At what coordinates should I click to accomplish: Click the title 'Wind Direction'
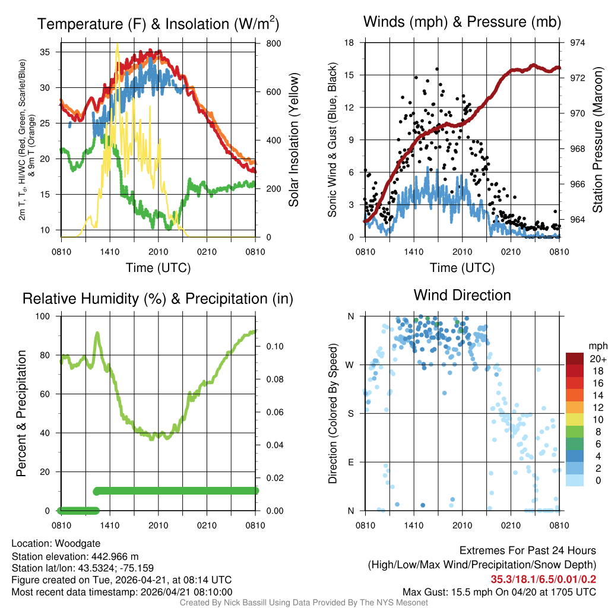[462, 295]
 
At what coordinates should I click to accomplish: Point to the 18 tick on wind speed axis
[350, 43]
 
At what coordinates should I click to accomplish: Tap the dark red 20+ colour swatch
[574, 359]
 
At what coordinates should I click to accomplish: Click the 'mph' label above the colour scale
[596, 346]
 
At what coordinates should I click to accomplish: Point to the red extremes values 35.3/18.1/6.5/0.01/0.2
[543, 579]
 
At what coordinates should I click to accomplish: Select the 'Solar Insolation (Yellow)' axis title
[293, 141]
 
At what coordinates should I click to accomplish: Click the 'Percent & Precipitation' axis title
[21, 413]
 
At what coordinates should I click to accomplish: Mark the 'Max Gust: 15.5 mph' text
[450, 592]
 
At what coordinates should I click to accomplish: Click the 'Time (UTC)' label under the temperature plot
[158, 268]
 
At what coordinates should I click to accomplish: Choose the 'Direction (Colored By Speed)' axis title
[334, 413]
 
